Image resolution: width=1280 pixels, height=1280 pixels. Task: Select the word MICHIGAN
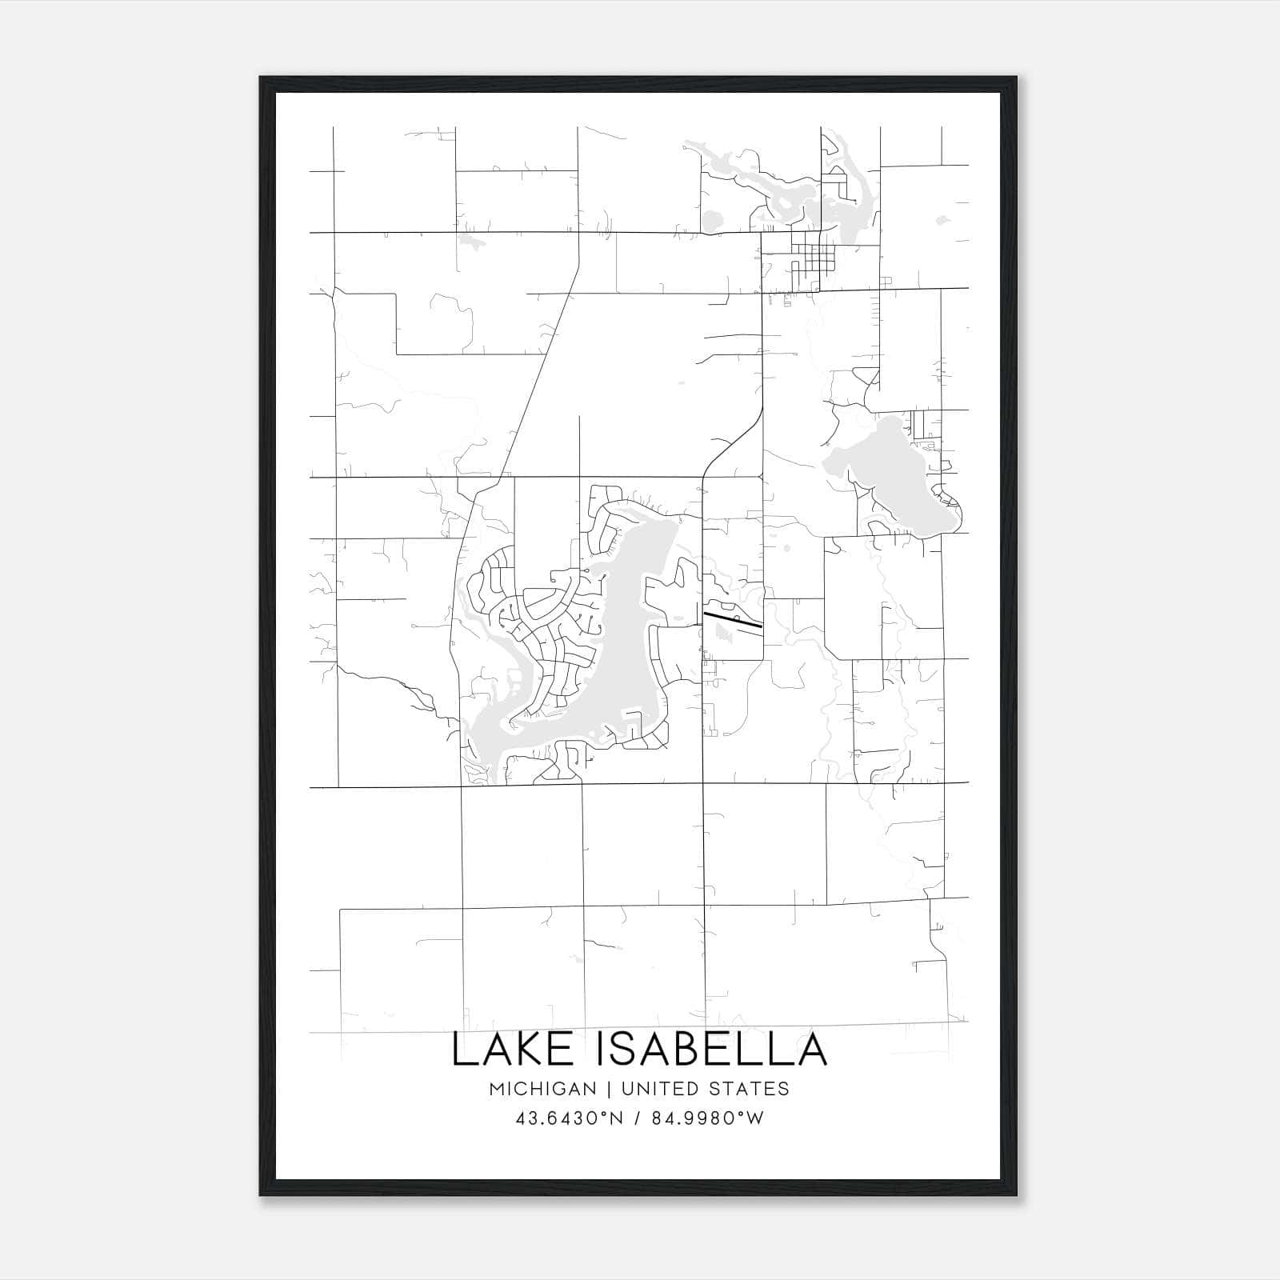[542, 1089]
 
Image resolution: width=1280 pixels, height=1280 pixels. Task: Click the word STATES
[750, 1089]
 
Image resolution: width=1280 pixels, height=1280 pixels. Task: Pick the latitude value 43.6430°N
[568, 1118]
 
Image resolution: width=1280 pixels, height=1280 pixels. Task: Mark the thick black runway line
[732, 618]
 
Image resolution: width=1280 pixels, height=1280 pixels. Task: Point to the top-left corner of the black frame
[261, 78]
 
